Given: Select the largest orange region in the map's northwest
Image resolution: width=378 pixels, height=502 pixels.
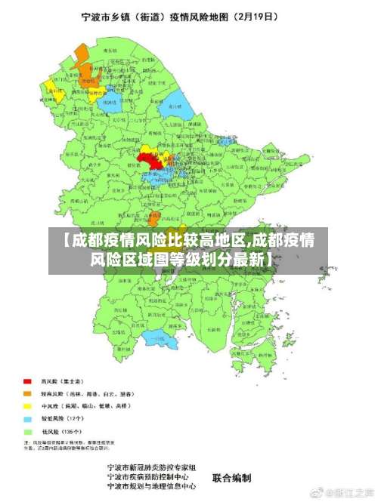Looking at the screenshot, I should [81, 57].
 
